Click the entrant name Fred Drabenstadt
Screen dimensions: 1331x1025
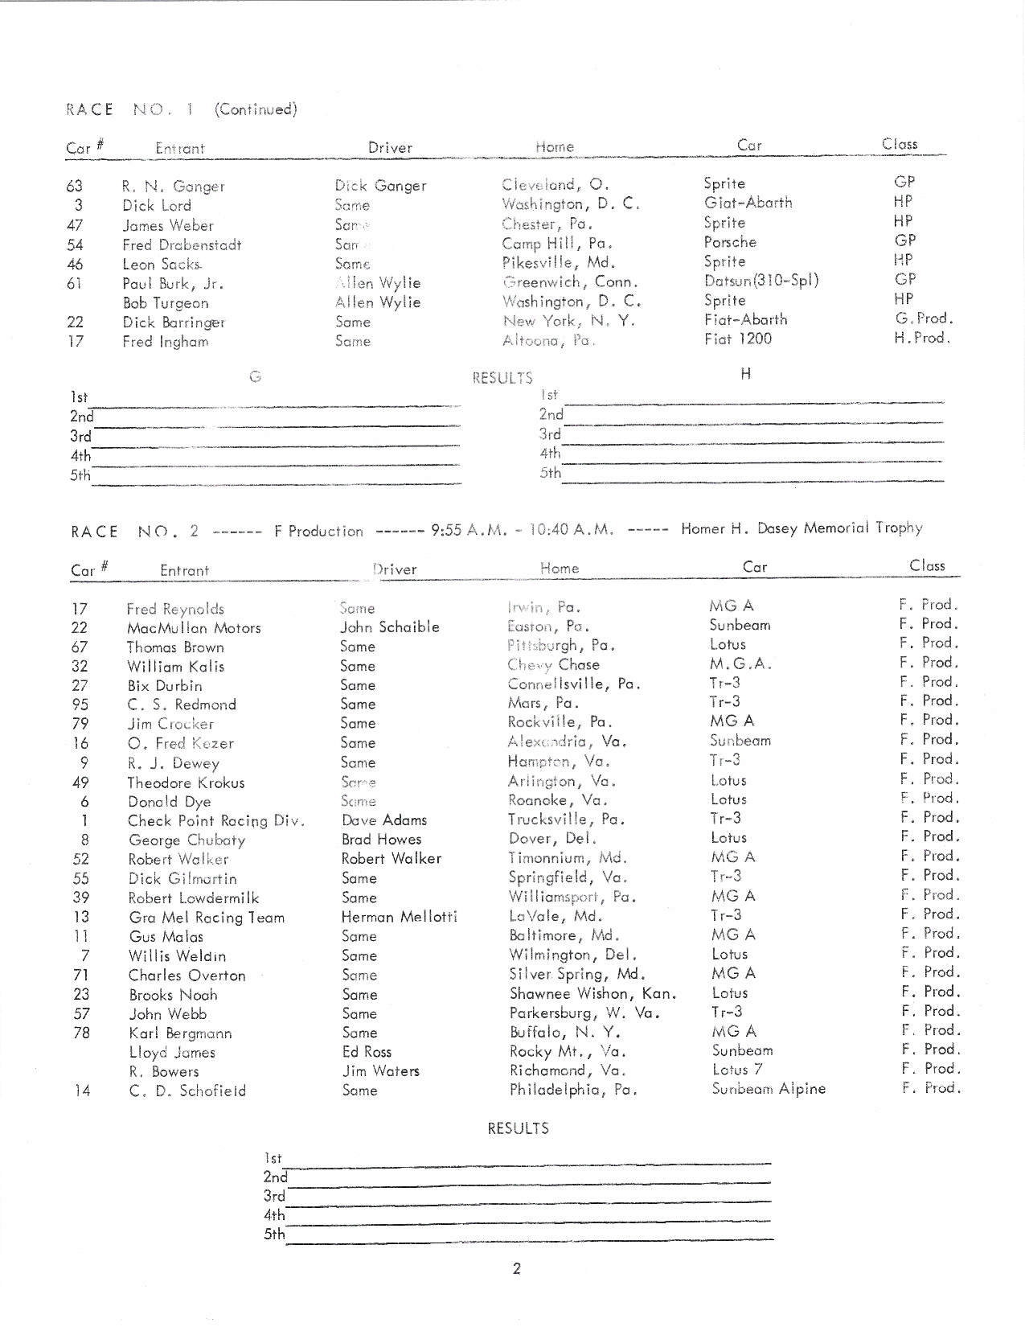tap(182, 244)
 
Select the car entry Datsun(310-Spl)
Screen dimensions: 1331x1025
tap(761, 280)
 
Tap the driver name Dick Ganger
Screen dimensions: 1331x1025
tap(380, 186)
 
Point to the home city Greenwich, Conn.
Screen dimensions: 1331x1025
tap(570, 282)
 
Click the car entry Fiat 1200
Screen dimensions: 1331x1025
tap(737, 339)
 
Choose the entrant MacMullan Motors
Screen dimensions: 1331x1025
tap(194, 628)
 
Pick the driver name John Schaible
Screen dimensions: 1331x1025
tap(390, 627)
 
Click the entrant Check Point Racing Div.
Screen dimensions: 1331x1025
tap(216, 821)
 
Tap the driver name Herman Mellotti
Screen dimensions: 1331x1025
tap(400, 917)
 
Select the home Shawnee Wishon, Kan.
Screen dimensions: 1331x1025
tap(592, 994)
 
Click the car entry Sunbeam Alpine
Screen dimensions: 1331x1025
tap(769, 1089)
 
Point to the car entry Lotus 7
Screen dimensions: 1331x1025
tap(737, 1070)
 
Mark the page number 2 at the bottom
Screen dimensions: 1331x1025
tap(517, 1269)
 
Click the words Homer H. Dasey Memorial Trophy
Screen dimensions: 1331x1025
tap(802, 528)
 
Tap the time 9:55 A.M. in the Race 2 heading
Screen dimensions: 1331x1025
tap(461, 530)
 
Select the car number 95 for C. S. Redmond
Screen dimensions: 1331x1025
tap(80, 705)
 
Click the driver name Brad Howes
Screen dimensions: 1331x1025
tap(381, 840)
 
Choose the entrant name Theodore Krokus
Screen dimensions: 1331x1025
tap(187, 783)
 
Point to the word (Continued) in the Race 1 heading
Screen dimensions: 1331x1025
tap(256, 109)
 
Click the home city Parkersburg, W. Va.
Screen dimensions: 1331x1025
tap(584, 1013)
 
